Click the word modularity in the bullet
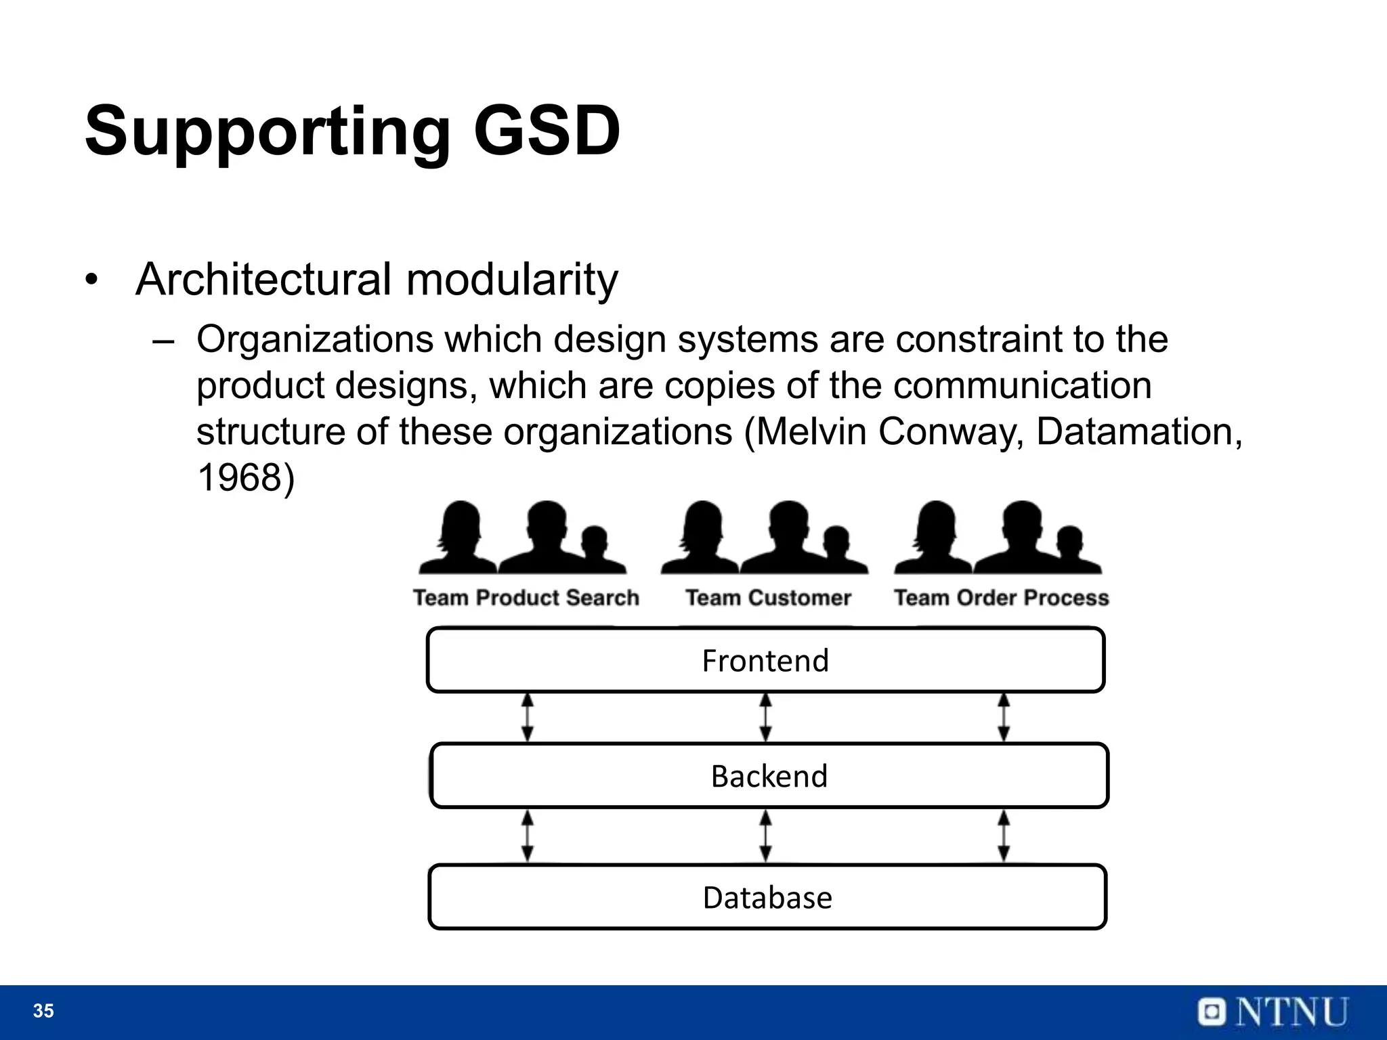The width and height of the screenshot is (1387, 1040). click(x=512, y=279)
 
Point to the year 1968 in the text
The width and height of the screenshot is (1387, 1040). click(x=239, y=477)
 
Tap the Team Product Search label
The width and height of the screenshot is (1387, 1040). click(x=526, y=598)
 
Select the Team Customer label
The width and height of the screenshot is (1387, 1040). click(x=768, y=598)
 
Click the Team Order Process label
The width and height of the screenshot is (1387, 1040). click(x=1001, y=598)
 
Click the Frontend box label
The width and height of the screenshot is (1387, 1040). click(x=765, y=661)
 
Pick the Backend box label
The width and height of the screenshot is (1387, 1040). click(x=769, y=776)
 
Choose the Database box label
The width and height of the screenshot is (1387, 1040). click(x=767, y=898)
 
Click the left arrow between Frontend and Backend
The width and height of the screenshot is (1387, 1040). click(x=528, y=717)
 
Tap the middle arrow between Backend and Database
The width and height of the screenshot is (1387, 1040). click(x=766, y=836)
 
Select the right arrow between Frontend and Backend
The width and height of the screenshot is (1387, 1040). click(x=1004, y=717)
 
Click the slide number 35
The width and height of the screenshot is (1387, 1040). click(x=43, y=1011)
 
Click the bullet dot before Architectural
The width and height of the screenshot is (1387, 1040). click(x=92, y=280)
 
